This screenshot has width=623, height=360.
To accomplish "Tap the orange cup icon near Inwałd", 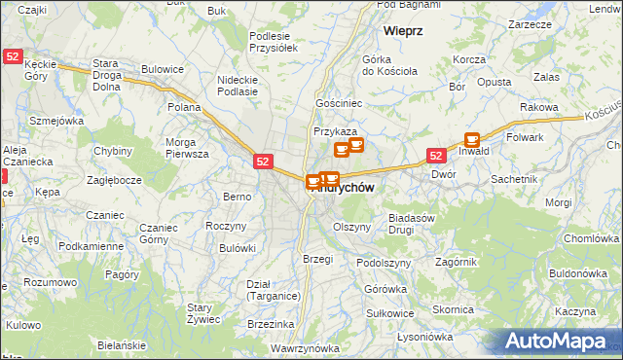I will pos(473,139).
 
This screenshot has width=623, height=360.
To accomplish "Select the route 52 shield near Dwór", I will pos(436,156).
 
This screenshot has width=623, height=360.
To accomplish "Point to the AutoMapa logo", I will pos(563,342).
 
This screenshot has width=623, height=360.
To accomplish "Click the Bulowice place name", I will pos(163,69).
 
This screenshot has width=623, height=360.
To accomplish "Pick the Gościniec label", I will pos(338,101).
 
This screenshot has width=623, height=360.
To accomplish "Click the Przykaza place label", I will pos(335,131).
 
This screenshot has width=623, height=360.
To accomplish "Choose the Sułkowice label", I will pos(390,313).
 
